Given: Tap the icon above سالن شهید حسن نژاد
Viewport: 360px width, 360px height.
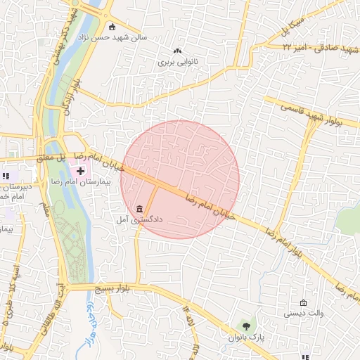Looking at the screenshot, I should [112, 26].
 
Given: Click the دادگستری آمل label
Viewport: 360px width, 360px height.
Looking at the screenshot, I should [139, 219].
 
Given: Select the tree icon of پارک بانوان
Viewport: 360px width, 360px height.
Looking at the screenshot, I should [245, 326].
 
